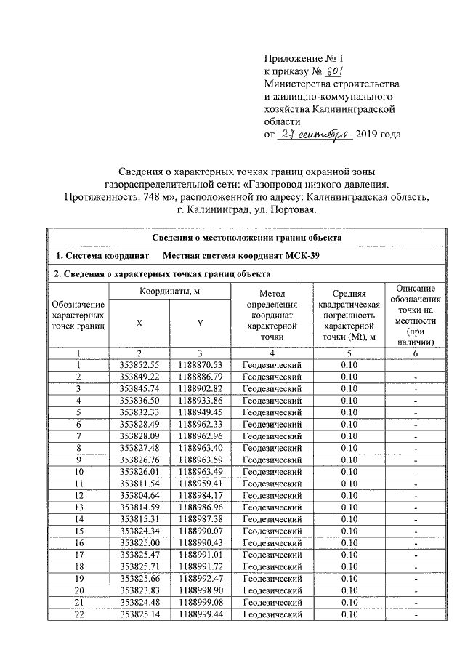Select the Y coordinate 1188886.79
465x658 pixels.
(x=200, y=377)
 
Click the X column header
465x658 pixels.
(x=138, y=324)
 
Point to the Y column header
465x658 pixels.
(x=200, y=324)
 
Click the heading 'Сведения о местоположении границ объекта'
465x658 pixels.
(x=246, y=238)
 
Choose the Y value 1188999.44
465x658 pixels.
(x=200, y=615)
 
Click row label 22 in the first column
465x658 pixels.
(x=78, y=615)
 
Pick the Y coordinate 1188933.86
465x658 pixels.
(x=200, y=400)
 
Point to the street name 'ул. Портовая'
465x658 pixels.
(x=289, y=210)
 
